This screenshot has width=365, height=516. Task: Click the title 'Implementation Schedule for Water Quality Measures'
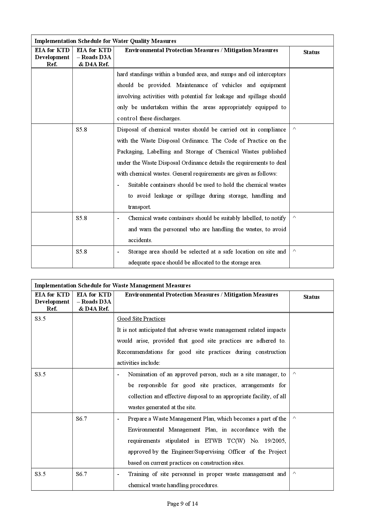(105, 41)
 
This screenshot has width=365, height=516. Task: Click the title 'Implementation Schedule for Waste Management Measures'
(112, 285)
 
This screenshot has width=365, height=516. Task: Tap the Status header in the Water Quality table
(311, 52)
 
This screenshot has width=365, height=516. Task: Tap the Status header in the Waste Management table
(311, 297)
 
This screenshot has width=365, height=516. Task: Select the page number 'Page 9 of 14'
(182, 504)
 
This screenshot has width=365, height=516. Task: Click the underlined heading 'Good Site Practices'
(141, 319)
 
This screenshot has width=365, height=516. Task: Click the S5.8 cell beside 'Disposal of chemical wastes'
(82, 130)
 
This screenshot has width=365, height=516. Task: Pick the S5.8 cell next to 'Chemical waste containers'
(82, 218)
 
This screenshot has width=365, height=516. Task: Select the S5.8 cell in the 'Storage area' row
(82, 252)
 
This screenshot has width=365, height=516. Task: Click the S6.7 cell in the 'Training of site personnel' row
(82, 474)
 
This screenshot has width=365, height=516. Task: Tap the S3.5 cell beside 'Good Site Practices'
(40, 319)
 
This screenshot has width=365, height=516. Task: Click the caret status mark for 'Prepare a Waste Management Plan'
(294, 418)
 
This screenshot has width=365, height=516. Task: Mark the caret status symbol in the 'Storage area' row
(294, 251)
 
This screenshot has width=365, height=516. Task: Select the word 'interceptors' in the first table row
(270, 74)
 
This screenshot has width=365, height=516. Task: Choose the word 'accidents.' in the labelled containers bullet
(140, 240)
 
